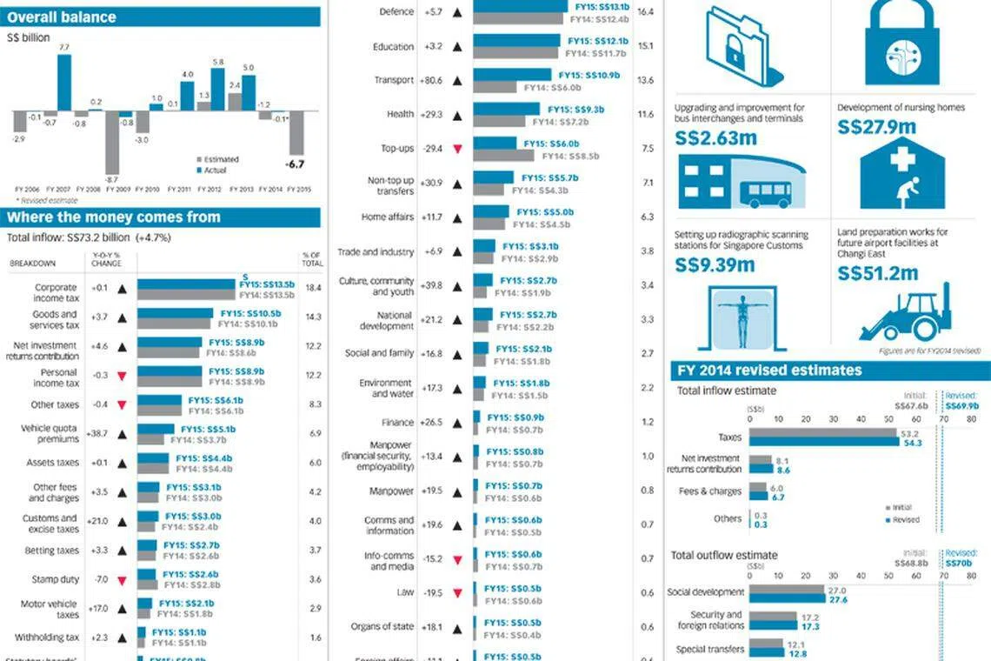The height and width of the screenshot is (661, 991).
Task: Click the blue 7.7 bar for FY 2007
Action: (x=64, y=83)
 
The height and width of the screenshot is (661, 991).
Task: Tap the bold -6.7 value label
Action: (x=295, y=164)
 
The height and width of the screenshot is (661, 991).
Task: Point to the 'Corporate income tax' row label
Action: (x=57, y=293)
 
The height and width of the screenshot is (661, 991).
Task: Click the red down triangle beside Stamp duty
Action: (x=123, y=580)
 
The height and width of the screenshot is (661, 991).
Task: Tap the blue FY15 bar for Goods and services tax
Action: (x=175, y=313)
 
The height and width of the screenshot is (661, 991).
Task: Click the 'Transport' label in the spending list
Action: (x=394, y=81)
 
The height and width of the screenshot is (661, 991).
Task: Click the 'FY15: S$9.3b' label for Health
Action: (x=575, y=110)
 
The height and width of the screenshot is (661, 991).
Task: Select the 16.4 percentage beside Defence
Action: (x=645, y=13)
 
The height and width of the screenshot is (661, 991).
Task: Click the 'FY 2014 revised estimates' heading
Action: (x=769, y=371)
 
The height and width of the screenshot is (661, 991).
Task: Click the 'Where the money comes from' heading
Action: (x=113, y=217)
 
